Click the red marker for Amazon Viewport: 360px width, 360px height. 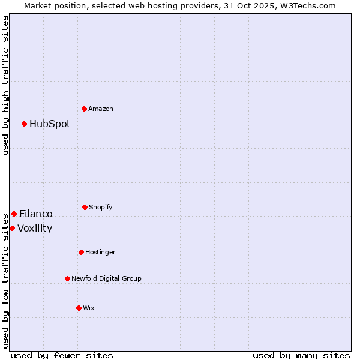(85, 109)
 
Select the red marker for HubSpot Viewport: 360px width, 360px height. (25, 124)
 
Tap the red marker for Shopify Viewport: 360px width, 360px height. (85, 207)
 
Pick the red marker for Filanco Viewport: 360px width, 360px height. (14, 214)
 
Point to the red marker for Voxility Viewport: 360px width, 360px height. (12, 228)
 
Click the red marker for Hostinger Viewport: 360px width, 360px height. (81, 252)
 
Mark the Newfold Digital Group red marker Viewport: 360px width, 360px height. (67, 278)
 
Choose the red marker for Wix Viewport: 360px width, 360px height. (79, 308)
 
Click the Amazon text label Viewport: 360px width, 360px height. (101, 109)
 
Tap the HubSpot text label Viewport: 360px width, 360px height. (50, 124)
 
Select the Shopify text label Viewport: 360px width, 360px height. (101, 207)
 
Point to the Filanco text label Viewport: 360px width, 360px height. (36, 214)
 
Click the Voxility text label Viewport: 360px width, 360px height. (35, 228)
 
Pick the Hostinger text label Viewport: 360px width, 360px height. (100, 252)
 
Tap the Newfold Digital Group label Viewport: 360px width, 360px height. (106, 278)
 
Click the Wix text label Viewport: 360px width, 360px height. (89, 308)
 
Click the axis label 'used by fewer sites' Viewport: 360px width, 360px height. (62, 355)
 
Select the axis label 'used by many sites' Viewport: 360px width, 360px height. (301, 355)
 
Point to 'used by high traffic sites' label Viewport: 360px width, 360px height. (5, 85)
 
